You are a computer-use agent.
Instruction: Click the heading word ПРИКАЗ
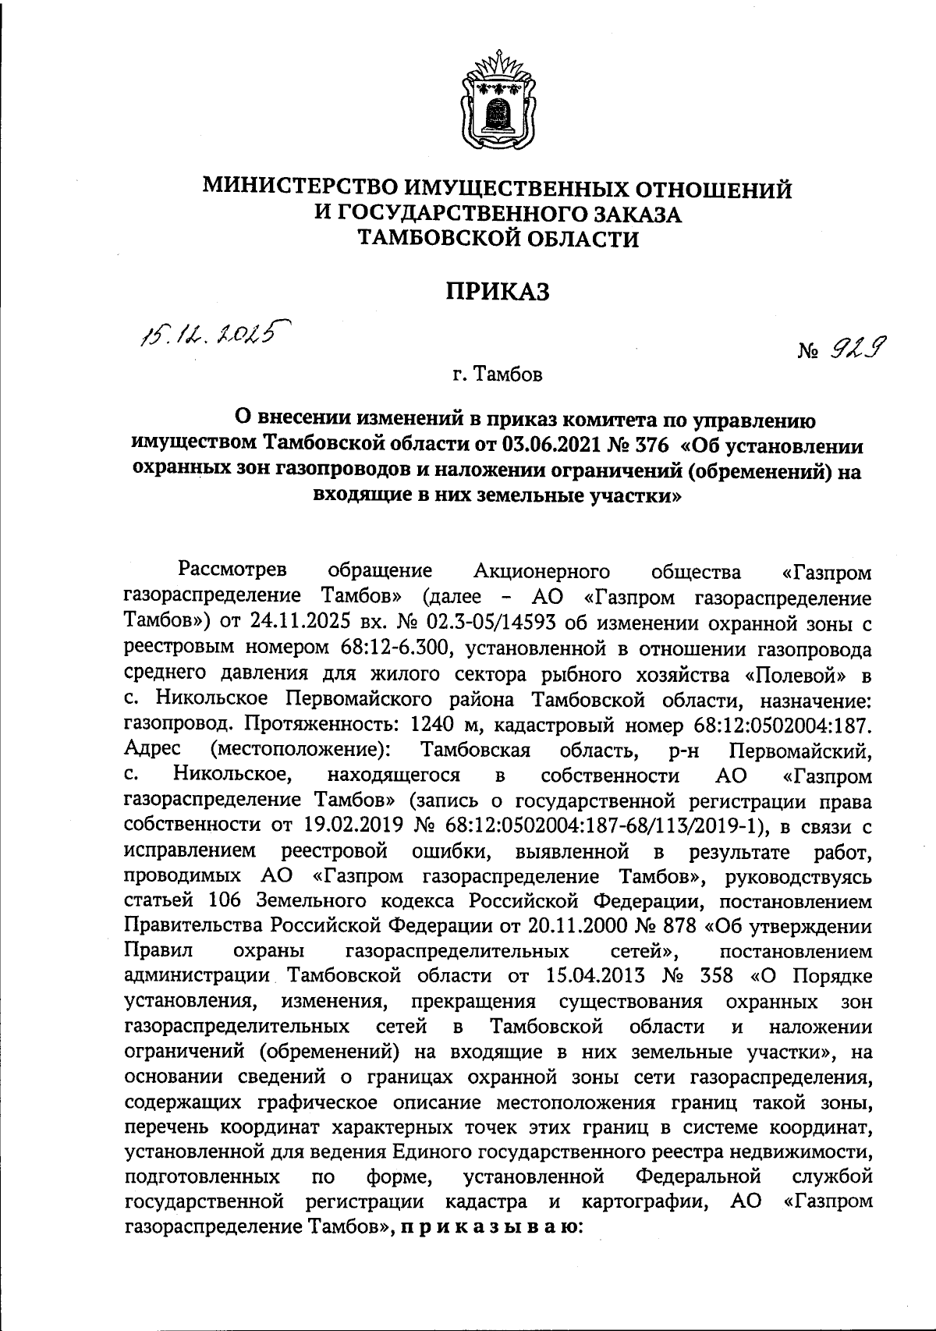point(498,293)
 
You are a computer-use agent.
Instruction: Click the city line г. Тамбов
point(497,375)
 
